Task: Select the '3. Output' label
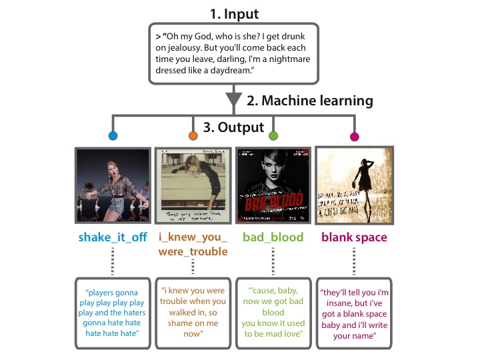[234, 127]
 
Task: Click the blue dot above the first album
[113, 137]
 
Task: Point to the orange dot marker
[193, 137]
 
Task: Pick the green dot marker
[273, 137]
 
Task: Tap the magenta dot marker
[354, 137]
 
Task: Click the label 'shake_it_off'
[112, 237]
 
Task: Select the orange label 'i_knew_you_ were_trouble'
[193, 244]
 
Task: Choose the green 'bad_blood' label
[273, 237]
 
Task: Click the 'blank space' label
[354, 237]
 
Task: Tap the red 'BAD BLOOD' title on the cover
[273, 200]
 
